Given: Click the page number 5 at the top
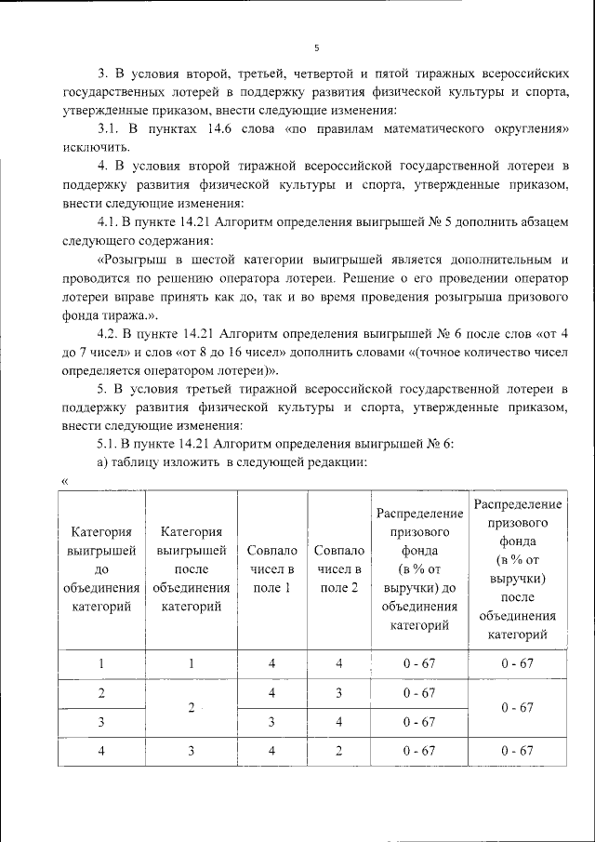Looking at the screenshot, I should click(316, 47).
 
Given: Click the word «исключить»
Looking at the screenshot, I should click(97, 146).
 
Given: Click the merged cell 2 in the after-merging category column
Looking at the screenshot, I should click(191, 708).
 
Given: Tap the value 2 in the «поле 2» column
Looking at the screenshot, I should click(339, 751).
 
